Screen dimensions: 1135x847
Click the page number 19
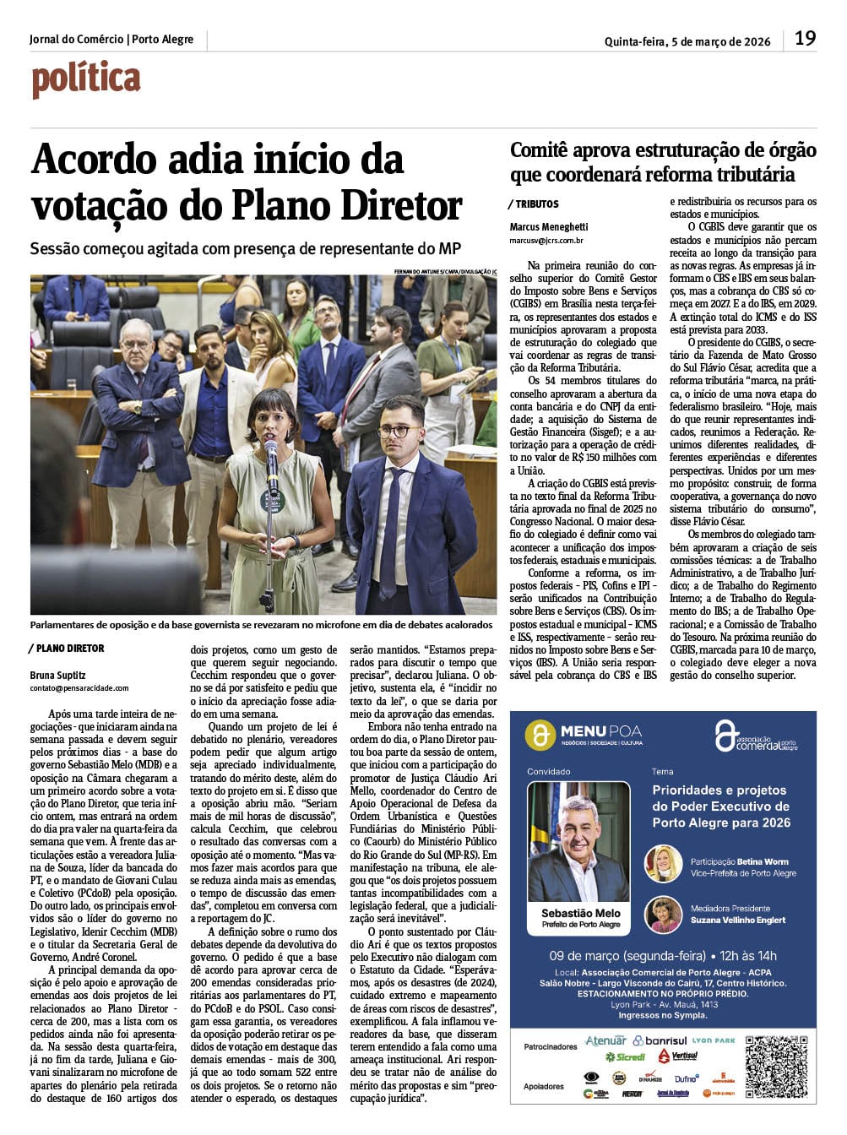pos(805,38)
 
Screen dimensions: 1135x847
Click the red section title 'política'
pos(86,79)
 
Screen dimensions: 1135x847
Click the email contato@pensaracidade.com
pos(79,688)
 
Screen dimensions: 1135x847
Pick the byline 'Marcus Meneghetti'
pos(549,226)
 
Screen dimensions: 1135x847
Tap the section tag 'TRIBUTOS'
pos(537,204)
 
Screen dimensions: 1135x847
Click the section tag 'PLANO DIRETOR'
pos(70,649)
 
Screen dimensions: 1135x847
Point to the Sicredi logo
pos(625,1056)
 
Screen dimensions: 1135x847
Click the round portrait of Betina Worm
pos(663,863)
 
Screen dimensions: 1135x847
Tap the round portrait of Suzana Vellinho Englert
pos(663,914)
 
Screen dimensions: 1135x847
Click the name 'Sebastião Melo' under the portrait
pos(580,913)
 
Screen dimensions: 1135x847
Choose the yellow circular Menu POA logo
pos(540,735)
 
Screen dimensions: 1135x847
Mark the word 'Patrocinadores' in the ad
pos(551,1046)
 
